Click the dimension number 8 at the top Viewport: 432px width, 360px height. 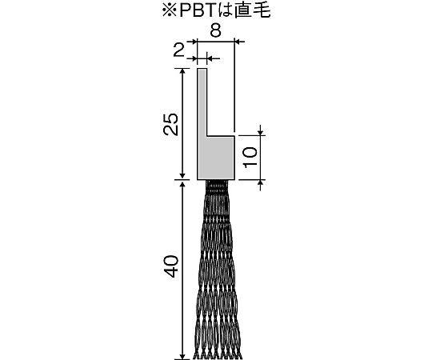point(215,31)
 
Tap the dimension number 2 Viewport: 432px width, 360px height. point(178,50)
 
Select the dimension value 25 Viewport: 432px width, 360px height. point(171,124)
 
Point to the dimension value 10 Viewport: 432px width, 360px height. point(250,157)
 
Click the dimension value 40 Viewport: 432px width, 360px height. point(171,266)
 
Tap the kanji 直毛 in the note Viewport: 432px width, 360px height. point(252,11)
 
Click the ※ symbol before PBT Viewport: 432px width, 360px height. point(170,11)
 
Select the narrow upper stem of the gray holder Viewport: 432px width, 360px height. point(202,102)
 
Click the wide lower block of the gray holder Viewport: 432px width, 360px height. point(216,158)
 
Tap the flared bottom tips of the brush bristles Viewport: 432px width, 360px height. point(218,354)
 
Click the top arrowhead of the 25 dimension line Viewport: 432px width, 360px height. point(182,71)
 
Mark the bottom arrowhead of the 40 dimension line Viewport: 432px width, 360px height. point(182,357)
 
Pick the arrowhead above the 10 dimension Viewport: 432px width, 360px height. point(261,133)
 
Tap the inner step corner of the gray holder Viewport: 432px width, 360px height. point(207,136)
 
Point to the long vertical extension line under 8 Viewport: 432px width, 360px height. point(234,86)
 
